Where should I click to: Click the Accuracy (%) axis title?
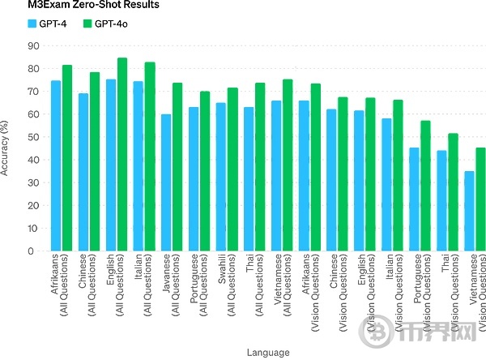pyautogui.click(x=6, y=148)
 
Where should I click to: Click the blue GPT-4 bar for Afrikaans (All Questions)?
pyautogui.click(x=56, y=166)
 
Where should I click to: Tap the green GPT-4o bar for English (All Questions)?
pyautogui.click(x=122, y=155)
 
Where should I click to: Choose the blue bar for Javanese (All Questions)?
pyautogui.click(x=166, y=182)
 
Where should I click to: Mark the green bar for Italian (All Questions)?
pyautogui.click(x=149, y=157)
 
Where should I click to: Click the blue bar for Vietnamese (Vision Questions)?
pyautogui.click(x=469, y=211)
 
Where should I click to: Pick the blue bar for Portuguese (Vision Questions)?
pyautogui.click(x=414, y=199)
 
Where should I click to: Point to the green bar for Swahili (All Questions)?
pyautogui.click(x=232, y=169)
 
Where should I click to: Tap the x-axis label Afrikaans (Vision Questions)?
pyautogui.click(x=309, y=295)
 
